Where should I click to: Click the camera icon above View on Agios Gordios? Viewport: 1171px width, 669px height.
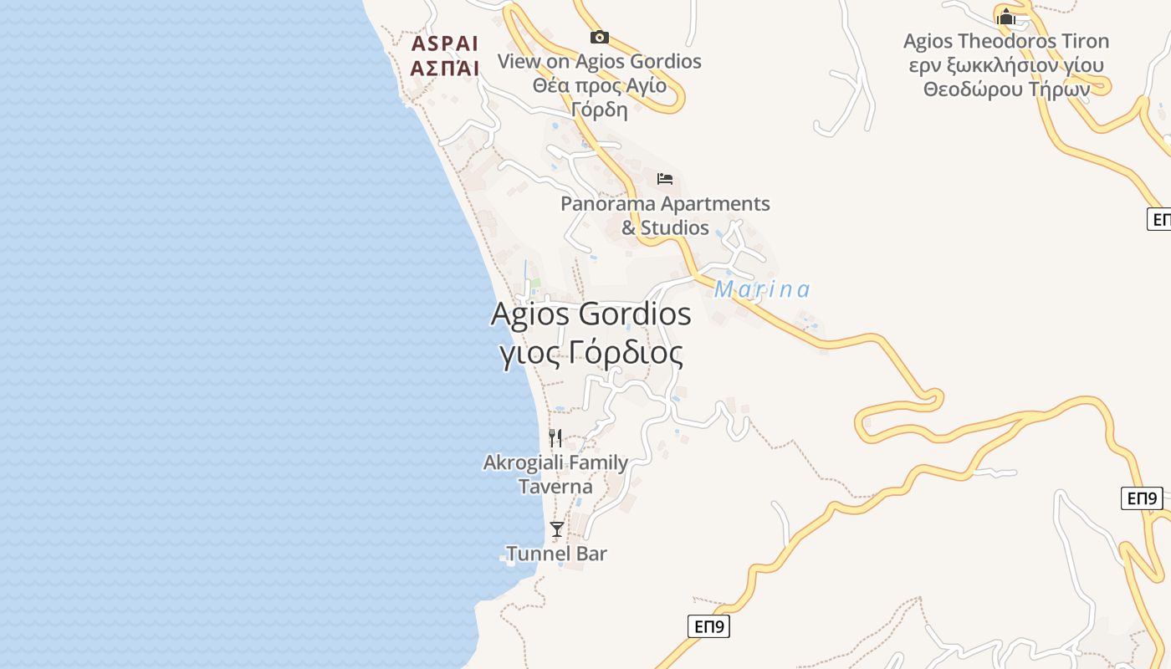point(599,37)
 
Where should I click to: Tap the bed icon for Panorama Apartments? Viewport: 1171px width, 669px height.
point(665,179)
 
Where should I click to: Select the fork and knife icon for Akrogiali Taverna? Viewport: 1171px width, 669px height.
point(555,437)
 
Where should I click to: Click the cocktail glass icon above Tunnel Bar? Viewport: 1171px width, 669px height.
point(556,529)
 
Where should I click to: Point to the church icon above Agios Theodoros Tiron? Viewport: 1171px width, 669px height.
point(1005,17)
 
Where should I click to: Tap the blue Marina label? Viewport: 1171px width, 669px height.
point(762,289)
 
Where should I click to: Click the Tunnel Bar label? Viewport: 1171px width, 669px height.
point(556,554)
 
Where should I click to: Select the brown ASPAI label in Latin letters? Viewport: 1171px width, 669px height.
point(445,44)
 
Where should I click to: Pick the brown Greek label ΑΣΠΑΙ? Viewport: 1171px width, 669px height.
point(445,69)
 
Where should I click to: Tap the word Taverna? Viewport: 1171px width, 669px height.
point(555,487)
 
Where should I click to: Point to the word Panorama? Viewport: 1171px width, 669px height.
point(608,204)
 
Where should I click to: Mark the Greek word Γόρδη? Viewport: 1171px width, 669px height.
point(599,110)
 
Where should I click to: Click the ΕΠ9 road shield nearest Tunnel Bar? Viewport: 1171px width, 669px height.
point(708,626)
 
